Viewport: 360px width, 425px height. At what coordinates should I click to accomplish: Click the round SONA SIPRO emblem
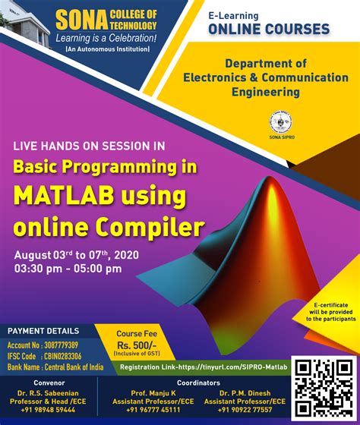(x=279, y=122)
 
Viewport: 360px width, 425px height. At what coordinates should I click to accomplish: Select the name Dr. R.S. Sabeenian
(x=49, y=393)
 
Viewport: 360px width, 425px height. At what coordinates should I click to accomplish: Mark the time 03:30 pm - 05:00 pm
(x=67, y=268)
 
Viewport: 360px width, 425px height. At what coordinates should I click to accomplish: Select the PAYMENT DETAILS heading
(x=43, y=331)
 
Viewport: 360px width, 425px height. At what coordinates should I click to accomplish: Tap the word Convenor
(x=49, y=382)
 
